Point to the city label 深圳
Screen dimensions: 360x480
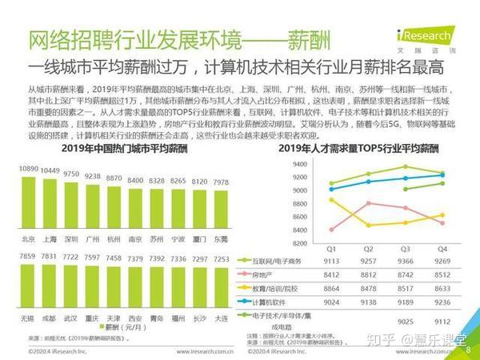(x=71, y=238)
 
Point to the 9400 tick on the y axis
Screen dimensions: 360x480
(x=298, y=164)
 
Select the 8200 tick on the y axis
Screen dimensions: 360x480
(x=298, y=243)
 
